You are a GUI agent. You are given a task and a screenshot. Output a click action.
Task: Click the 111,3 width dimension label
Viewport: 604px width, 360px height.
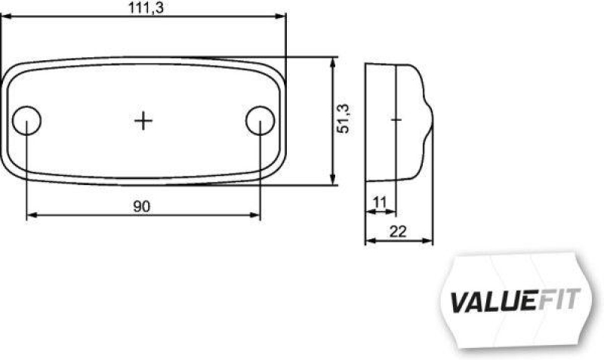[x=143, y=7]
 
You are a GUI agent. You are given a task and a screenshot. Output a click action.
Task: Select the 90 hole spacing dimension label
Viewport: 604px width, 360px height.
[x=142, y=206]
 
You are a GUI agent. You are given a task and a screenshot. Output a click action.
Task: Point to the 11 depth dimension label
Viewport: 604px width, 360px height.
[x=379, y=202]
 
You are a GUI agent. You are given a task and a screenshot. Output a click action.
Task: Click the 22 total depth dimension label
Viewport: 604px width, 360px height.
[x=399, y=232]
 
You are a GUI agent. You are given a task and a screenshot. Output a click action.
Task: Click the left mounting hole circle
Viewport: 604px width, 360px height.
[x=27, y=120]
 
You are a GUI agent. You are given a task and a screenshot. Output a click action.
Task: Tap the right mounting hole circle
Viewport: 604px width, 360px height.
[x=260, y=120]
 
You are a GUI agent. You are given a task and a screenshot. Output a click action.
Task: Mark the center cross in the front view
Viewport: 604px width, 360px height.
[x=143, y=120]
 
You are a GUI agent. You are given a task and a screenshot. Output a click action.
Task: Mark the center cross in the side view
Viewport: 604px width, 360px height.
[x=397, y=119]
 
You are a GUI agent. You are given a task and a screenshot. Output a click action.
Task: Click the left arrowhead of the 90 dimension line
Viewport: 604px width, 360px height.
[x=31, y=216]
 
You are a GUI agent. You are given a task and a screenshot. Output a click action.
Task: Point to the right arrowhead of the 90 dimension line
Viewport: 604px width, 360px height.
[x=256, y=216]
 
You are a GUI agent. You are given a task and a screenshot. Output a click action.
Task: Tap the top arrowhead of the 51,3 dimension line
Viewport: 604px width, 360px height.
[x=332, y=61]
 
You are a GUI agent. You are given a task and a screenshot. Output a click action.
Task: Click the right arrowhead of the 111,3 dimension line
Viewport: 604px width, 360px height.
[x=282, y=15]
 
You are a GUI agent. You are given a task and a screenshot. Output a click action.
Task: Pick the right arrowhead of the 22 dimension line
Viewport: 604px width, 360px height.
[x=429, y=242]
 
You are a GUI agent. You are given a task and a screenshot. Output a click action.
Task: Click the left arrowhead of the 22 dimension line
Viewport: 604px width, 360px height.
[x=369, y=242]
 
